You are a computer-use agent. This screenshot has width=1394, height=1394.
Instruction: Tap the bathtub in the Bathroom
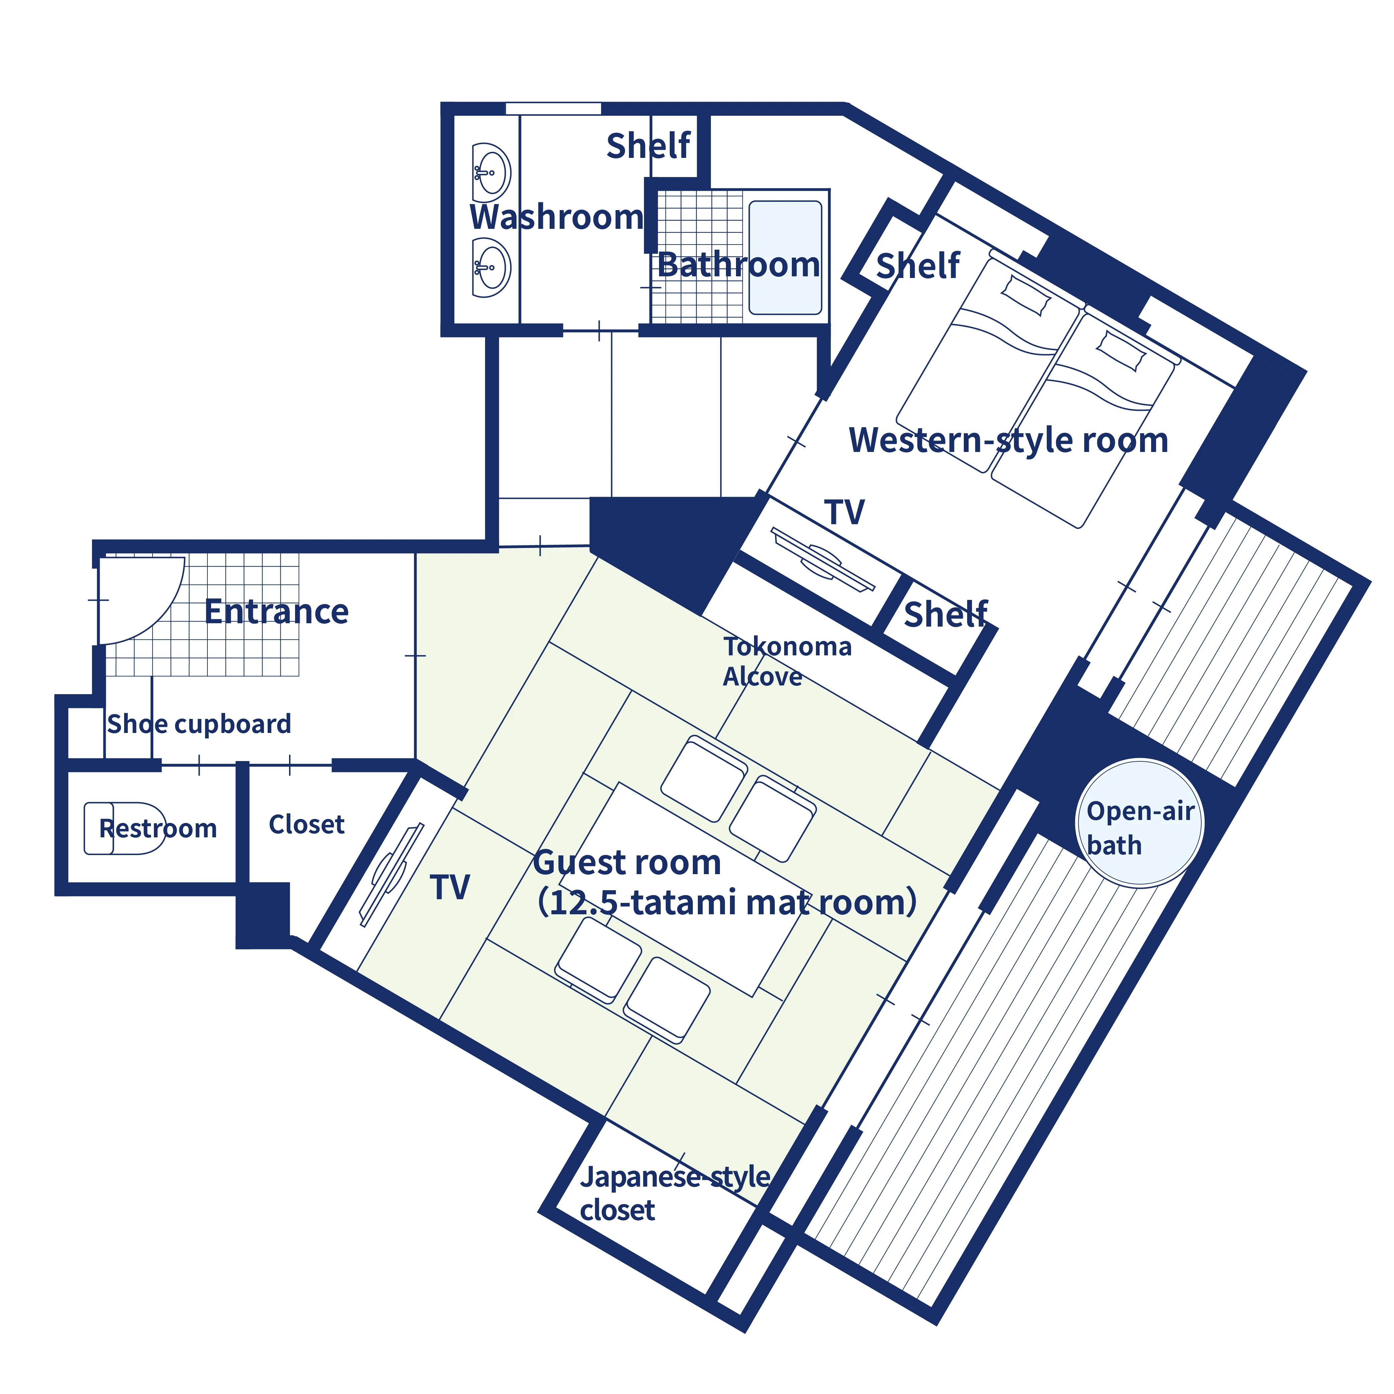pyautogui.click(x=785, y=258)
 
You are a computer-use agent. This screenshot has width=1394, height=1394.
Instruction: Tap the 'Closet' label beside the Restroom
pyautogui.click(x=307, y=824)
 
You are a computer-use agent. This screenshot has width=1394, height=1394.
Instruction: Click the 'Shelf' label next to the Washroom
pyautogui.click(x=648, y=146)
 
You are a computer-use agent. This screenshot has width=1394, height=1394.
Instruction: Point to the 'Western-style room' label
pyautogui.click(x=1008, y=440)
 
